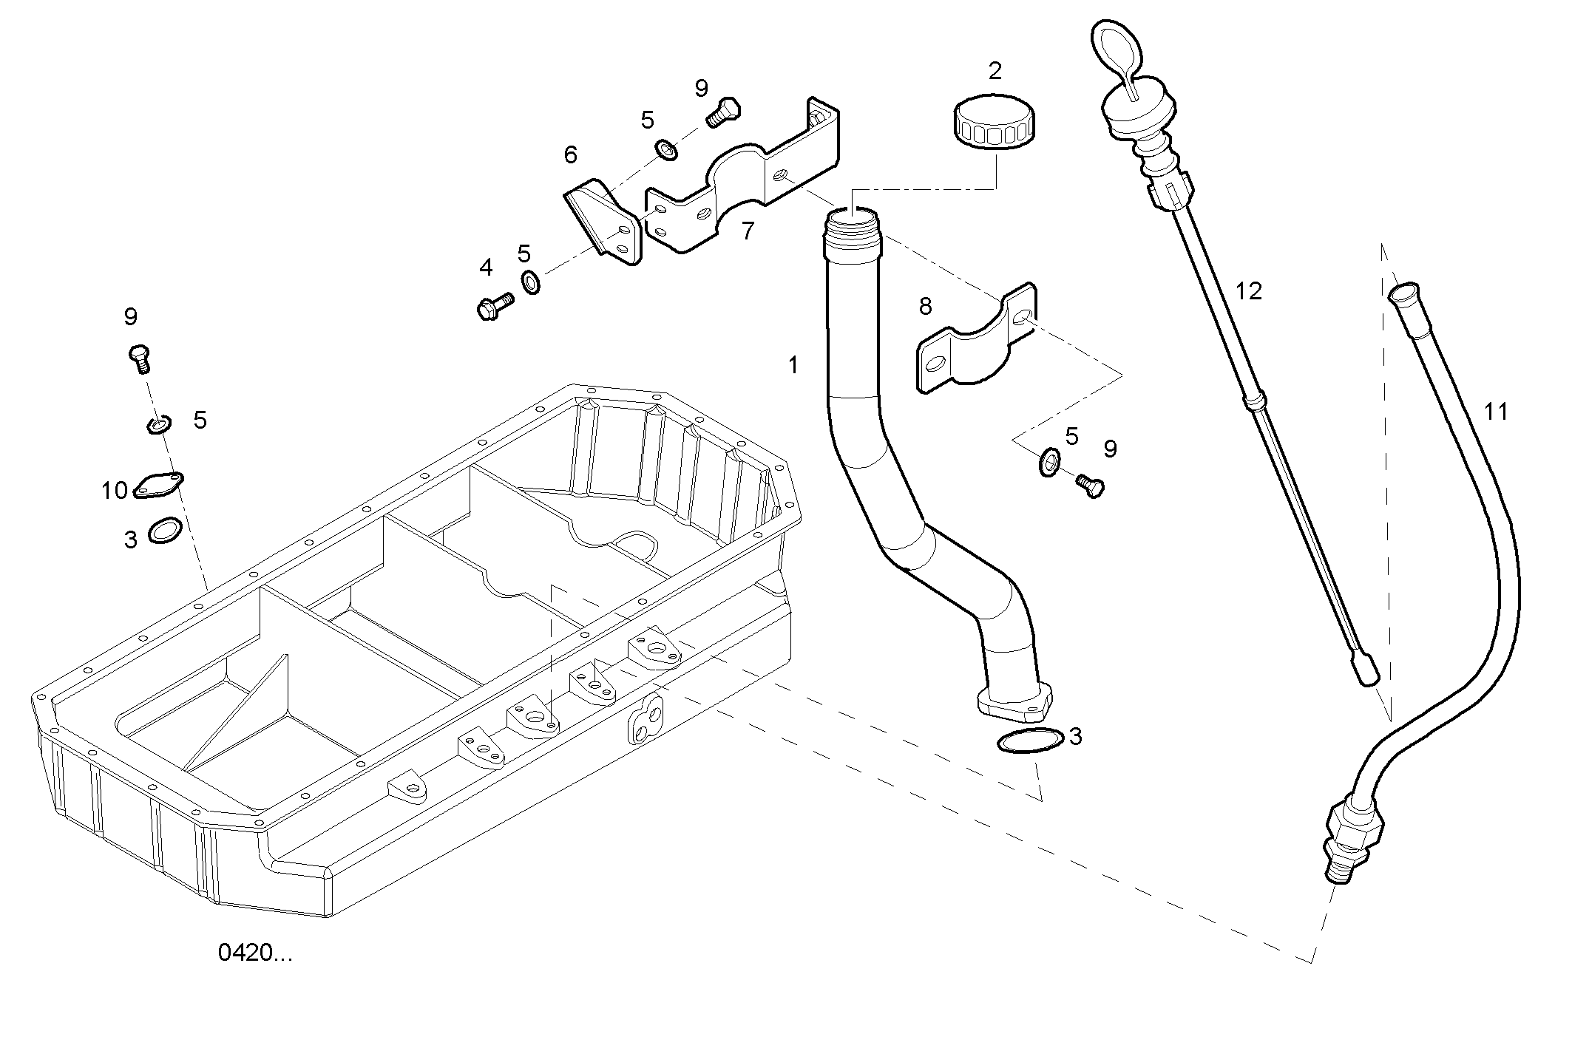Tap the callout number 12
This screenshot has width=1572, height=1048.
click(1248, 291)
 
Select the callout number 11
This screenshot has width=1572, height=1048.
click(1496, 411)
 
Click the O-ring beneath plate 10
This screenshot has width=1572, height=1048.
click(166, 531)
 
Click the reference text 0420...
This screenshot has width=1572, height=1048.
click(255, 953)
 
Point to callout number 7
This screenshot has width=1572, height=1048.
click(748, 231)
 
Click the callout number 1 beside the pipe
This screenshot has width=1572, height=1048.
click(793, 365)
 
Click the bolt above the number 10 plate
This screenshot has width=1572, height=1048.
click(140, 358)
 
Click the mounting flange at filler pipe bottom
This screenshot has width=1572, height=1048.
click(1014, 705)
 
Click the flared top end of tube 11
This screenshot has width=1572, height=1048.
click(1403, 293)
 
